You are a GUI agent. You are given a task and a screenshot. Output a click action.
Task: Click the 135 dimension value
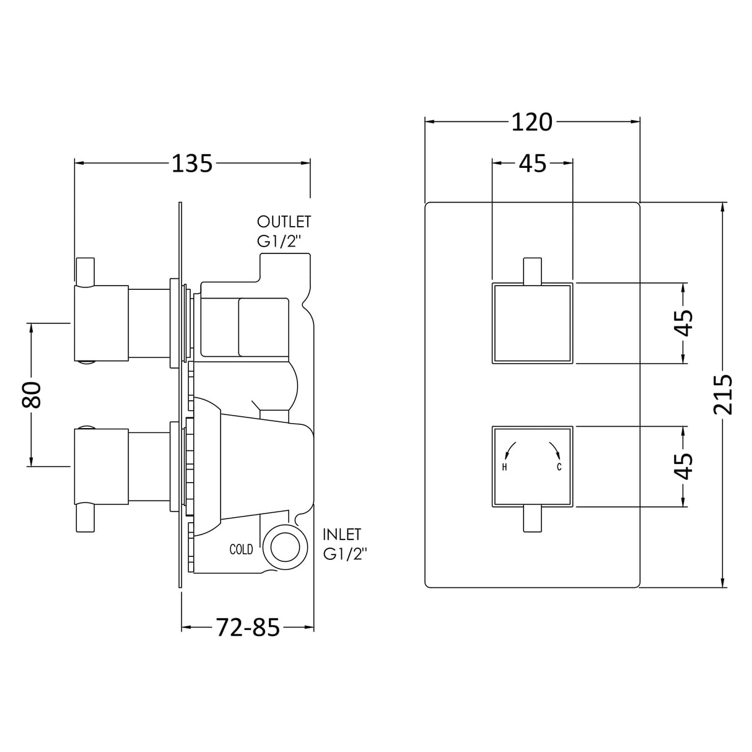point(193,164)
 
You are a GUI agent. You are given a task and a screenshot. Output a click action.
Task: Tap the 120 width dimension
point(532,122)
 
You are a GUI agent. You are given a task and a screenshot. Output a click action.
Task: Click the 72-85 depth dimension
point(248,627)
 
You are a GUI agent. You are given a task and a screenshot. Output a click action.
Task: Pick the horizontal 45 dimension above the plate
point(532,164)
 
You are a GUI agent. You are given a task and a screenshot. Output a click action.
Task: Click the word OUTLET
point(284,222)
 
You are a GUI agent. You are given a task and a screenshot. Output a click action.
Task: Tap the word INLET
point(342,535)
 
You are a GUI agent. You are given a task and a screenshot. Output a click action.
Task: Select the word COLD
point(241,549)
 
